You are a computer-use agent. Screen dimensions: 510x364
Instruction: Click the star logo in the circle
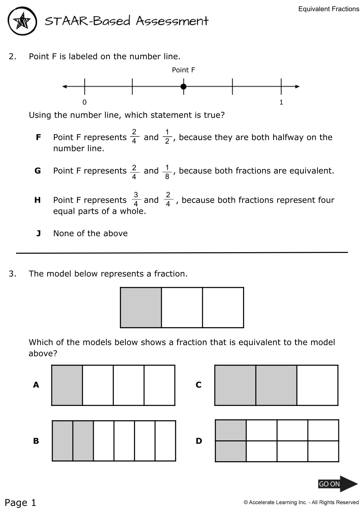point(22,21)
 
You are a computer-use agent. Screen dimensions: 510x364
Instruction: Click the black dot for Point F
point(183,87)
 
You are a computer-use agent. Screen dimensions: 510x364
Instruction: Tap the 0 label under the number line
point(84,102)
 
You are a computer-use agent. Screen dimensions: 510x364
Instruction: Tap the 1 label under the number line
point(281,102)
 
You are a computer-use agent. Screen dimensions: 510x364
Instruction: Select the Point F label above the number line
point(183,70)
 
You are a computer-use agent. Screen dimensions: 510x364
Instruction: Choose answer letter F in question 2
point(38,137)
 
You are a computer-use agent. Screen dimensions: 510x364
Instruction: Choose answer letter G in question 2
point(38,171)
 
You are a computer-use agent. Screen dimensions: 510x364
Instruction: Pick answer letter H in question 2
point(38,200)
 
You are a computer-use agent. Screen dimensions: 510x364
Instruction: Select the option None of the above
point(90,234)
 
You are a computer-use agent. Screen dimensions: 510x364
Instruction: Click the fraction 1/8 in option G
point(167,171)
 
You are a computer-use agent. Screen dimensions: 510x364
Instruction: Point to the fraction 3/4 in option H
point(136,199)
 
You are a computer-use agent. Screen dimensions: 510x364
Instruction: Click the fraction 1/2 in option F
point(167,137)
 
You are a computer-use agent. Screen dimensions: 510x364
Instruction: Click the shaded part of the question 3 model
point(141,307)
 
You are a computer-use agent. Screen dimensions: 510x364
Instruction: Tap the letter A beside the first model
point(36,385)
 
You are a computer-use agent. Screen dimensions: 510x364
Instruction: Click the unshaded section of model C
point(317,385)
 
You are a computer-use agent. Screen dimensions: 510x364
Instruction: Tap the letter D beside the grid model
point(199,441)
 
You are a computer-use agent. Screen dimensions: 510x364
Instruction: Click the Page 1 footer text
point(20,503)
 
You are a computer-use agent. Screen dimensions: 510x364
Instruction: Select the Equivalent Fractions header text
point(329,9)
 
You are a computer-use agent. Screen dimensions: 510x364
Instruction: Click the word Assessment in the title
point(172,21)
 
